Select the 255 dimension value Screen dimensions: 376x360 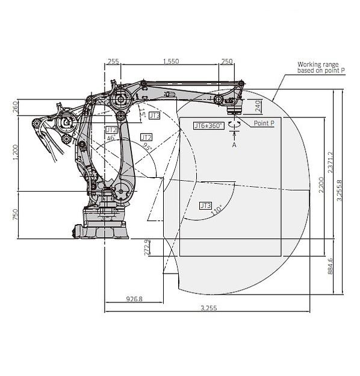pyautogui.click(x=113, y=61)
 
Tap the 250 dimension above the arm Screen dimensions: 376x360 pyautogui.click(x=227, y=61)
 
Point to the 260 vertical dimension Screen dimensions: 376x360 pyautogui.click(x=15, y=107)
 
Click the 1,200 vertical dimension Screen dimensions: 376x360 pyautogui.click(x=15, y=154)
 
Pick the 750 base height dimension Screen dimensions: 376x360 pyautogui.click(x=15, y=215)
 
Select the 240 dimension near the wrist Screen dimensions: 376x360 pyautogui.click(x=258, y=106)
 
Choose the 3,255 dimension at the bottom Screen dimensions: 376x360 pyautogui.click(x=208, y=308)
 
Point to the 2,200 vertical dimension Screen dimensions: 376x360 pyautogui.click(x=321, y=187)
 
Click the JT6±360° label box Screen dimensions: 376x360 pyautogui.click(x=208, y=125)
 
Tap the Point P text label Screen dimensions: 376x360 pyautogui.click(x=264, y=123)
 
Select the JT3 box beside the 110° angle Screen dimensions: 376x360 pyautogui.click(x=205, y=205)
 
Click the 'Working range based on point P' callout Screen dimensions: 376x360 pyautogui.click(x=321, y=67)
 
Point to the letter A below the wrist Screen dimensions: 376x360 pyautogui.click(x=234, y=145)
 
